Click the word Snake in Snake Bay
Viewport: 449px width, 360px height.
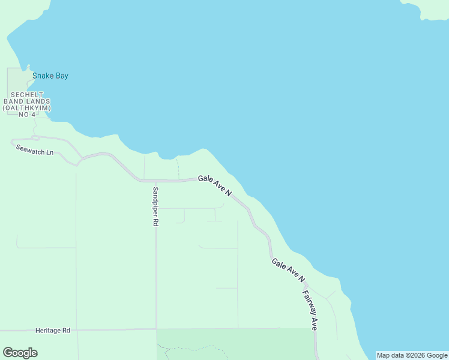43,76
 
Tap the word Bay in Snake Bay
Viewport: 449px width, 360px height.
62,76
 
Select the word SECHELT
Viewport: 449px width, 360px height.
30,95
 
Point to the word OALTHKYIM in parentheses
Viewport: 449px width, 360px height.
29,108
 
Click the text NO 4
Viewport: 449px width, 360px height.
29,115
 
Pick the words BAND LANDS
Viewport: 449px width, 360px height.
30,101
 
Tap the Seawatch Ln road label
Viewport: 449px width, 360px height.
35,150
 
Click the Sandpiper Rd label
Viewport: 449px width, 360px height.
155,206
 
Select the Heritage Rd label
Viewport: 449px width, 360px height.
53,331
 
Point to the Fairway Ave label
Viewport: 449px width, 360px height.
310,311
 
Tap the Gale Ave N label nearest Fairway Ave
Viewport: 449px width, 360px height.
288,270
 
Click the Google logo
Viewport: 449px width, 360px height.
20,353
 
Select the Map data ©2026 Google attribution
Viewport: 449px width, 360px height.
412,355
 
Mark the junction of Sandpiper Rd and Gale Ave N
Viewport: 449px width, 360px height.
155,180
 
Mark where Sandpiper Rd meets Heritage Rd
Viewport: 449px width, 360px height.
157,329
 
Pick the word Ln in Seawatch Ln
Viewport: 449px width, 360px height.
50,152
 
